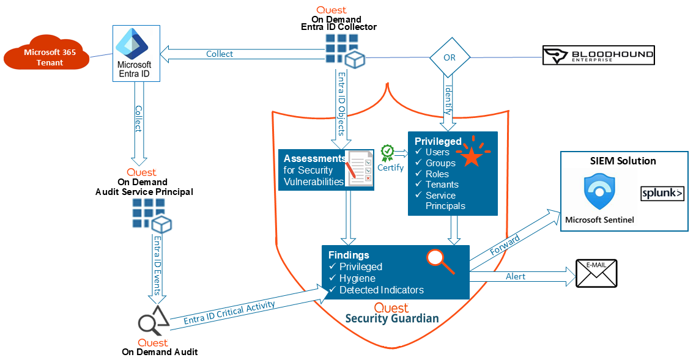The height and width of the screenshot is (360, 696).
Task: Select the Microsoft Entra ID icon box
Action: [135, 54]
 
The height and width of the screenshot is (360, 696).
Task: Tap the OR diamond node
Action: [450, 58]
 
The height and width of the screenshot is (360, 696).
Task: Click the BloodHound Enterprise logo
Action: [598, 55]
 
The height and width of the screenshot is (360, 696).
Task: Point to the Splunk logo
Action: [662, 194]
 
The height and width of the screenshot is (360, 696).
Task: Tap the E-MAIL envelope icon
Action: [596, 273]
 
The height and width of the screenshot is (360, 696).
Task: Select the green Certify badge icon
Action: [387, 152]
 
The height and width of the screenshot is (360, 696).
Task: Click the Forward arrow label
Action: [505, 247]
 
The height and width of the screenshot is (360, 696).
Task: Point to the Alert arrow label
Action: [516, 276]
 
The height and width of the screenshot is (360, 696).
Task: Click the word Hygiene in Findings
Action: [358, 278]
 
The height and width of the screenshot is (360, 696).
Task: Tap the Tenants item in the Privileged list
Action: [442, 185]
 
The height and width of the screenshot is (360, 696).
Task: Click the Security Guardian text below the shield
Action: [392, 318]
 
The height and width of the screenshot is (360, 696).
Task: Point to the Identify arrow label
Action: [448, 100]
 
